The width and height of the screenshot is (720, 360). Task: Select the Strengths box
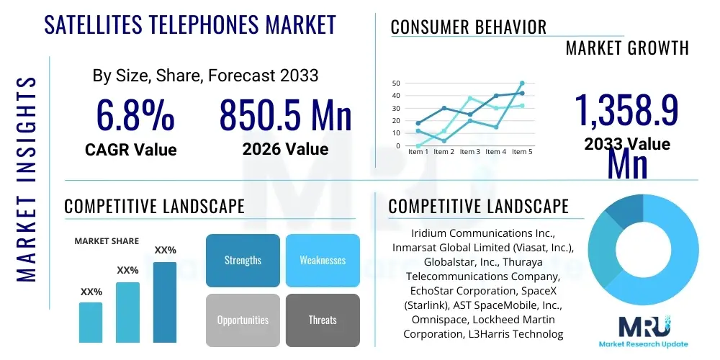[243, 260]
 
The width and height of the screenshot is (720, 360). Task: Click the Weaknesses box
[322, 260]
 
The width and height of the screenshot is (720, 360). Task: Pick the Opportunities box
[243, 320]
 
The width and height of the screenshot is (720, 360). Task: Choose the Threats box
[322, 320]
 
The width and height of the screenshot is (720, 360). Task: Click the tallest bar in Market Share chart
[165, 302]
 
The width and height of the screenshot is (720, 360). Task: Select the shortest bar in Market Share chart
[91, 322]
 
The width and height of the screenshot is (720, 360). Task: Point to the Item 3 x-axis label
[469, 152]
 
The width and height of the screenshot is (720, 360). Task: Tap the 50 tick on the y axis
[396, 84]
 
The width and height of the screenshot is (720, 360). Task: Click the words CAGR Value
[130, 150]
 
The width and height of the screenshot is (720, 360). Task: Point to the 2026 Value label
[285, 150]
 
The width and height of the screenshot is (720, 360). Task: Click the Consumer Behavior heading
[468, 27]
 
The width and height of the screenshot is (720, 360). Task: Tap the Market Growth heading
[626, 48]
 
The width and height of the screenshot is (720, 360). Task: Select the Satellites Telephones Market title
[190, 24]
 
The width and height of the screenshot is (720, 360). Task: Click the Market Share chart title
[107, 241]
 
